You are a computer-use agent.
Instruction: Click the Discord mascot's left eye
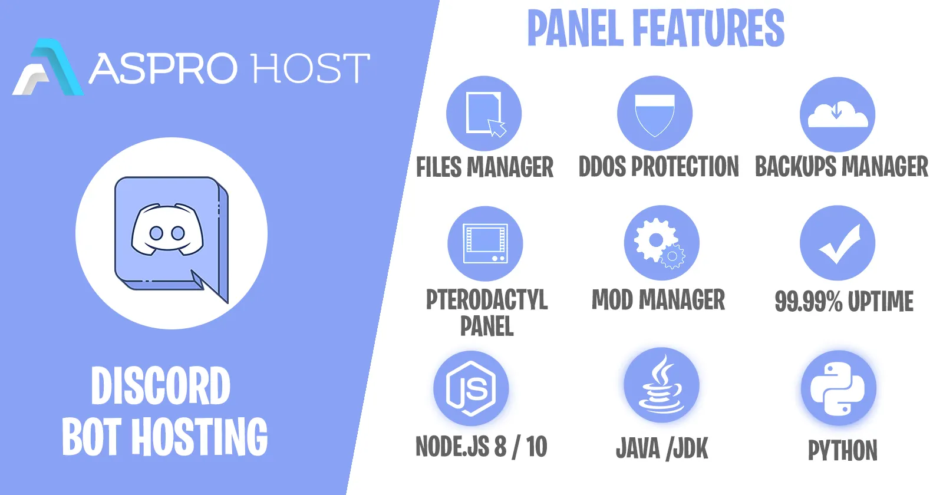(157, 233)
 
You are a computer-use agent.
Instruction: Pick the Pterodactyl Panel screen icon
(486, 244)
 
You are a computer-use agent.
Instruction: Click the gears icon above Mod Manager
(660, 244)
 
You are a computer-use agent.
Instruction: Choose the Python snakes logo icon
(838, 388)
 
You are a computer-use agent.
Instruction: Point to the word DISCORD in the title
(161, 385)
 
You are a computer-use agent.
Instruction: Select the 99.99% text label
(808, 301)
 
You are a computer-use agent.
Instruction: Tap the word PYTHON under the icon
(843, 450)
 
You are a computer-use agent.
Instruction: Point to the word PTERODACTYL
(487, 300)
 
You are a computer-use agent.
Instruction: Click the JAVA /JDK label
(662, 448)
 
